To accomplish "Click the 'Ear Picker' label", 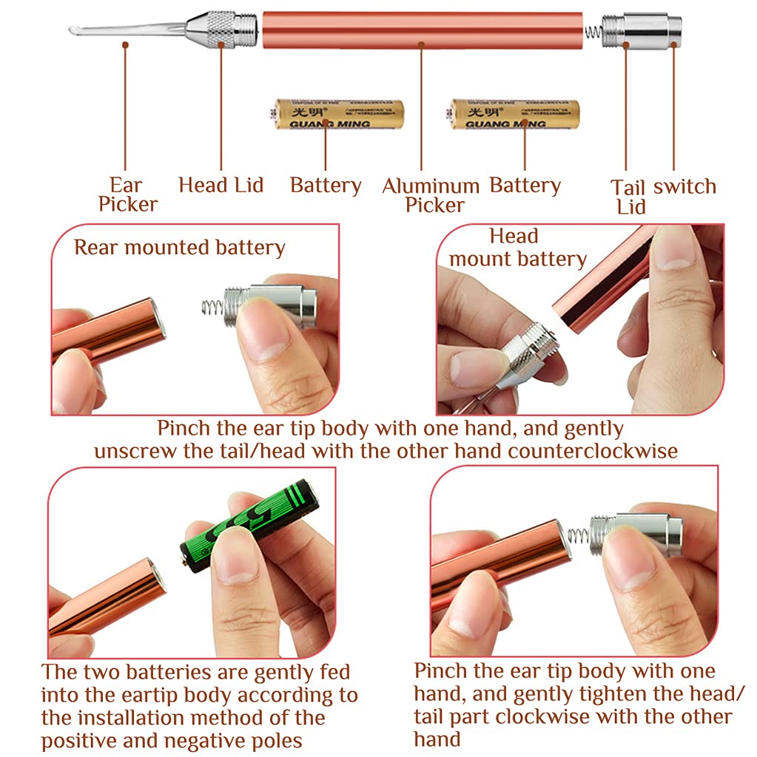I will tap(127, 194).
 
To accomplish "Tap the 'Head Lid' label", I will tap(221, 185).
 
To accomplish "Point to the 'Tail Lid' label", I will tap(630, 197).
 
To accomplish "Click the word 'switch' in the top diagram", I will tap(684, 186).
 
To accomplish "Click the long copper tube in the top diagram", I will tap(422, 30).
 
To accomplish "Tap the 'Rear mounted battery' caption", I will tap(179, 248).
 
